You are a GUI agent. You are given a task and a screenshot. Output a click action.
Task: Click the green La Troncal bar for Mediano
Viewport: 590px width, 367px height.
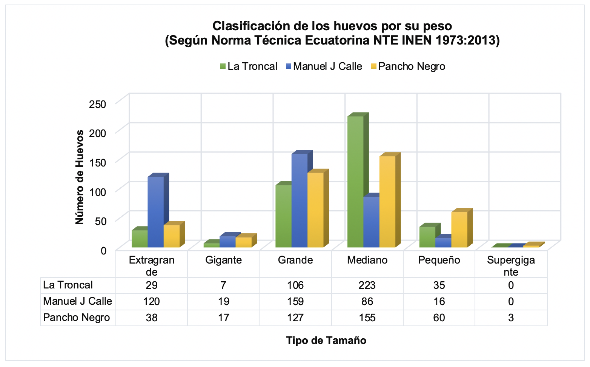tap(355, 181)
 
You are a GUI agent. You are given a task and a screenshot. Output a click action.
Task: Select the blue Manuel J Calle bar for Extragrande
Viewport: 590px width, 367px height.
tap(155, 211)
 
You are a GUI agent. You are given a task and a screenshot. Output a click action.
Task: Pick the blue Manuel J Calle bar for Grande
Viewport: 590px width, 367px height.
tap(300, 200)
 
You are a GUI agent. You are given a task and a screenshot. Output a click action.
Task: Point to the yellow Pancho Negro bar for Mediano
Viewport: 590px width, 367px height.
tap(387, 202)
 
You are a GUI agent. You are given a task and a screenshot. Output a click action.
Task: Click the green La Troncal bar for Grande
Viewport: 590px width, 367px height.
tap(283, 216)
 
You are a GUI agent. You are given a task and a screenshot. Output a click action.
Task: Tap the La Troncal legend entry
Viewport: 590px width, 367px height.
tap(249, 66)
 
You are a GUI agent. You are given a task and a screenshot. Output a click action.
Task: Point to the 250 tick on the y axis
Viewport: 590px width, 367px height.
tap(98, 104)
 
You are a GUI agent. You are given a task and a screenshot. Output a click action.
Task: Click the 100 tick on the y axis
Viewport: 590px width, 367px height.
tap(98, 191)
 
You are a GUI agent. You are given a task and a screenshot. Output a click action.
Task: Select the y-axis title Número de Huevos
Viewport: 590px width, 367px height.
tap(80, 177)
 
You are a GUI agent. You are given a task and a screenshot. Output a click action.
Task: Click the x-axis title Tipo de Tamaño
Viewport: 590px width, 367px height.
tap(326, 341)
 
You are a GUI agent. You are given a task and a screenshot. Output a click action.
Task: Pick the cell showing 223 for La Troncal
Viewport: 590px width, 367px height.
tap(367, 285)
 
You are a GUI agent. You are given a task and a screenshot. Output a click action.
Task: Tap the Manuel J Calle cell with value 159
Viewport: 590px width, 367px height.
tap(295, 301)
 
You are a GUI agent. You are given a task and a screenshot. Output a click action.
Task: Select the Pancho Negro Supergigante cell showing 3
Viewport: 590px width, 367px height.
tap(511, 318)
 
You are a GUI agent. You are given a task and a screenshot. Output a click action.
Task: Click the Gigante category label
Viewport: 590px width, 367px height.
tap(223, 260)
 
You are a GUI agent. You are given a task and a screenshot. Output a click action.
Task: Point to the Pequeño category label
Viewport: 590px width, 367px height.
tap(439, 260)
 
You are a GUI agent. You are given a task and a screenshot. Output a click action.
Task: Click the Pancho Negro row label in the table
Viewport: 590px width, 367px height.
tap(77, 318)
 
